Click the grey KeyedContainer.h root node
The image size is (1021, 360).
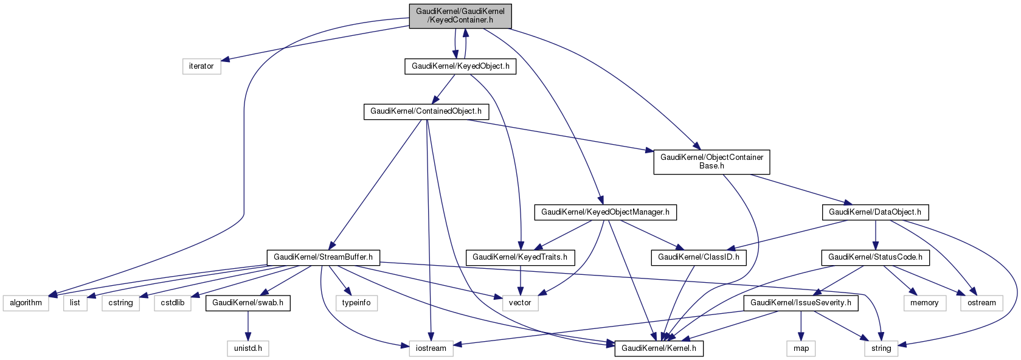(460, 16)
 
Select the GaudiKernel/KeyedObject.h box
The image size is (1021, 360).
(460, 66)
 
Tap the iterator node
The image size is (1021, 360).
(201, 66)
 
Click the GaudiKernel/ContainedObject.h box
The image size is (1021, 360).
(426, 111)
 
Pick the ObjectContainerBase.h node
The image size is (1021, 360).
(711, 162)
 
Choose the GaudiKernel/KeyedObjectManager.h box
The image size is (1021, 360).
(605, 212)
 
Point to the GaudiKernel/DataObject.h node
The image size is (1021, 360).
(875, 212)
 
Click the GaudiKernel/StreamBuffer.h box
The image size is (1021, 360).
(323, 257)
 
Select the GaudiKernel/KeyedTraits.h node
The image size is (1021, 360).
(520, 257)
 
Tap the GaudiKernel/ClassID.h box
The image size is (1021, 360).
(699, 257)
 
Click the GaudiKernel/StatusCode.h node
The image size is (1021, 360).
(875, 257)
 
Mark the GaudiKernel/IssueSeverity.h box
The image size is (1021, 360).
(801, 303)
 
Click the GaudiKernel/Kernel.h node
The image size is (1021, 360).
(659, 348)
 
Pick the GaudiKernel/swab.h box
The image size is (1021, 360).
(247, 303)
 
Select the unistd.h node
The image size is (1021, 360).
(248, 348)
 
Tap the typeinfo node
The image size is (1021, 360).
(356, 303)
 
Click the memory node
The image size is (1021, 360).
(924, 303)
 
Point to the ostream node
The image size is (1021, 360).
(981, 303)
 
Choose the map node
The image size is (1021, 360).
(801, 348)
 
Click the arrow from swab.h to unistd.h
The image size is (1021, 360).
(247, 325)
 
